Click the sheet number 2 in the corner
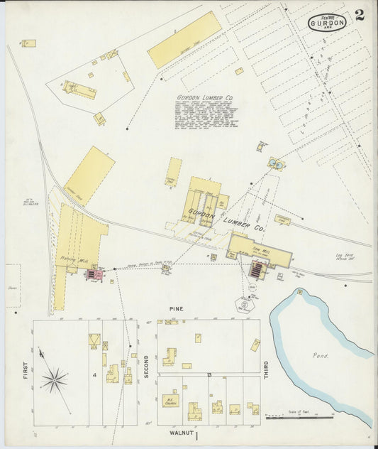click(360, 16)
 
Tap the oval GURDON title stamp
click(328, 23)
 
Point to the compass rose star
click(54, 380)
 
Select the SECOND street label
click(147, 366)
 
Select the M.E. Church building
click(170, 401)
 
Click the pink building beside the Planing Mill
click(94, 274)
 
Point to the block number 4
click(94, 374)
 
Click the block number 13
click(209, 374)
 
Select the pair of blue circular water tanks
click(276, 163)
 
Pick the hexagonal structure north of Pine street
click(245, 303)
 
